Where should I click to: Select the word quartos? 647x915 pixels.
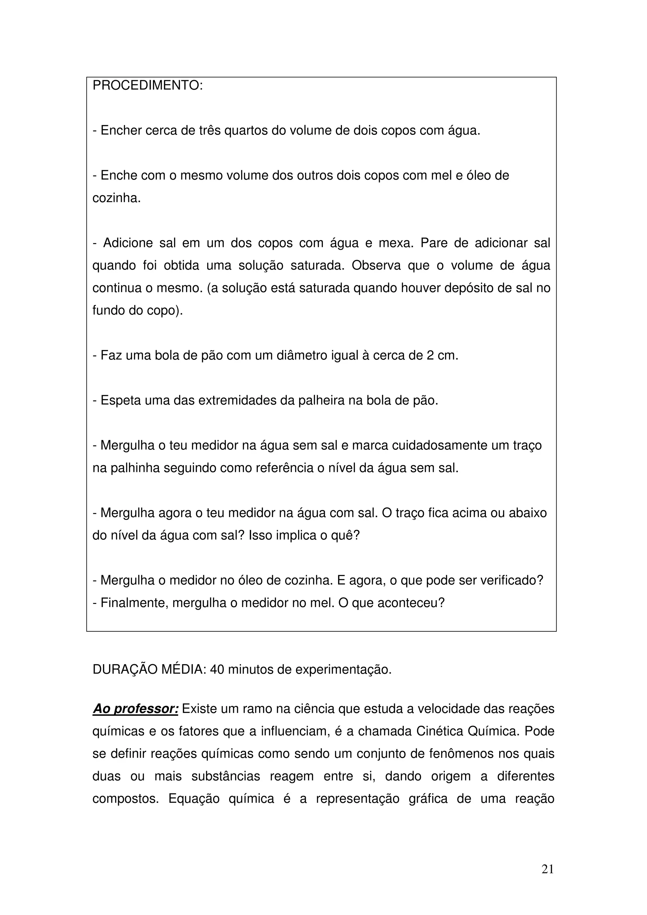[x=246, y=131]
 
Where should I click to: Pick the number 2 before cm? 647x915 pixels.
[x=430, y=355]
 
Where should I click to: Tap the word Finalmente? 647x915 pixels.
[x=130, y=603]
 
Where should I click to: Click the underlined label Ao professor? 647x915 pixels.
[x=135, y=709]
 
